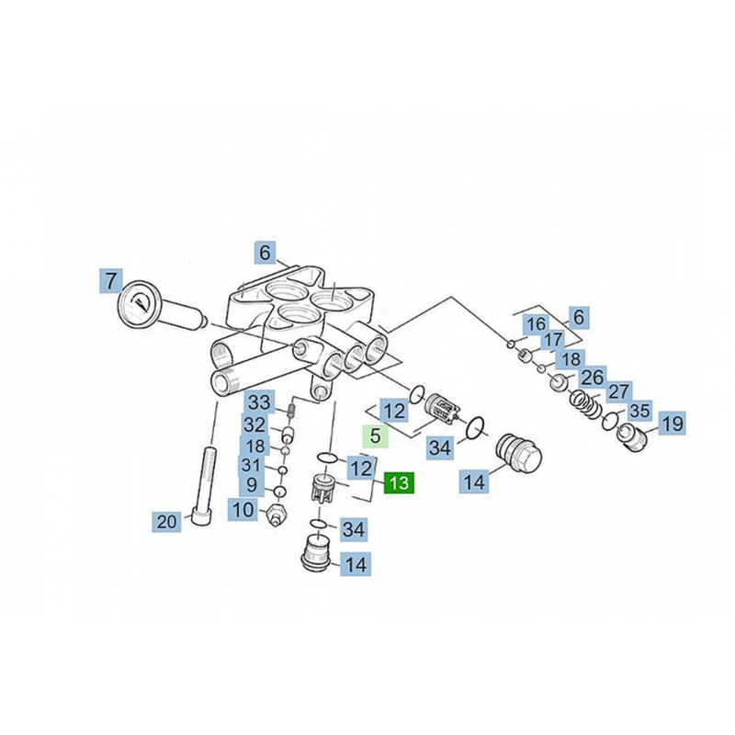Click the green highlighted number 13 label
(399, 482)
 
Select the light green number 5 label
(376, 435)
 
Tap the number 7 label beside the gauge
(110, 282)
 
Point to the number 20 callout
(166, 521)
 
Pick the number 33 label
(260, 402)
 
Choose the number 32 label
(255, 424)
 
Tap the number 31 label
(251, 466)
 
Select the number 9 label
(252, 485)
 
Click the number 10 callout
(243, 509)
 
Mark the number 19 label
(673, 424)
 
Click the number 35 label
(639, 411)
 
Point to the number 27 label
(618, 392)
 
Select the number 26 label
(593, 377)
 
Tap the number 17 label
(553, 340)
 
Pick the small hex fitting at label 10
(276, 514)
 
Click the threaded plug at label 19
(631, 435)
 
